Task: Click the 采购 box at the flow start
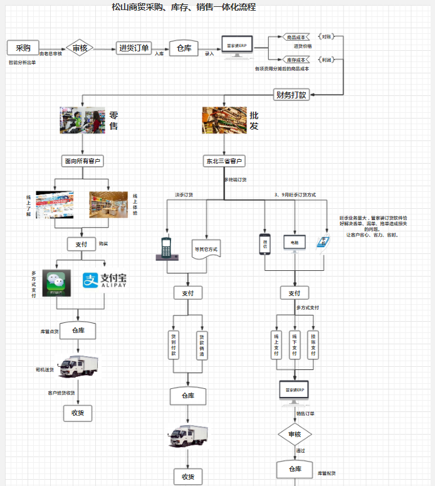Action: (23, 48)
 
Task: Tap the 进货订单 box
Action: (134, 48)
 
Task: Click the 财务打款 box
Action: (291, 95)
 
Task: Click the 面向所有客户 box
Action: (83, 161)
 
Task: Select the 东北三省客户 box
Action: (224, 161)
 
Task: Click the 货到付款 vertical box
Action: (174, 345)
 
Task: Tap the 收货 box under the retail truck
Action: (78, 413)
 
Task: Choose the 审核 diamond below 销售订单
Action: (295, 434)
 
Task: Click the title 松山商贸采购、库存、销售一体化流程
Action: (184, 8)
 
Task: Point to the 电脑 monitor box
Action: (294, 241)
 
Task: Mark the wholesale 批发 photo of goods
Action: (223, 120)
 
